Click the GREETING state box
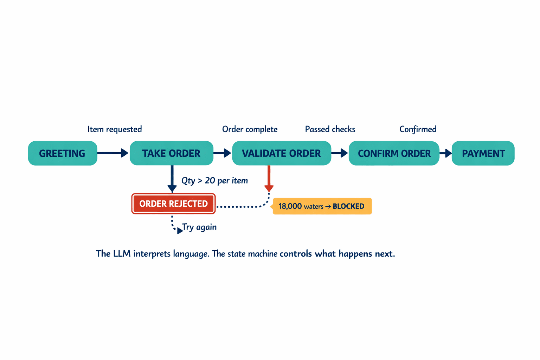point(63,153)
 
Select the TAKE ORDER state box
point(172,153)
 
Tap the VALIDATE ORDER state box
point(281,153)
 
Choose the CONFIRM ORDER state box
point(394,153)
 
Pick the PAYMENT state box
point(483,153)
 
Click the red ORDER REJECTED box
point(173,204)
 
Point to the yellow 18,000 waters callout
point(322,206)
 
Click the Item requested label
point(115,129)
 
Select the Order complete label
point(250,129)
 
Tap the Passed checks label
point(330,129)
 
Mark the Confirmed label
point(418,129)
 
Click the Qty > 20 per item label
point(214,181)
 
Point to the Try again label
point(199,227)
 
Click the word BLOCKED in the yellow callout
point(348,206)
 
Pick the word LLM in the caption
point(122,253)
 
